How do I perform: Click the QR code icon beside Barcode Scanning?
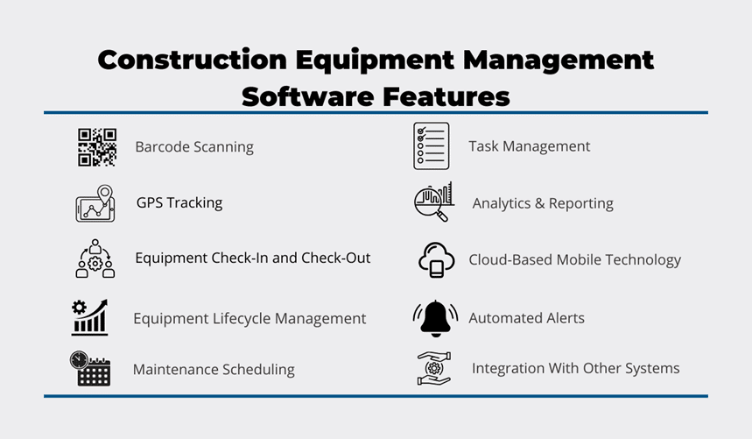[x=96, y=147]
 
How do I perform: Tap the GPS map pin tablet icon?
[x=95, y=204]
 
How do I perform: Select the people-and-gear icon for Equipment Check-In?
[x=95, y=259]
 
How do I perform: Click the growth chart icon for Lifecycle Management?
[x=90, y=317]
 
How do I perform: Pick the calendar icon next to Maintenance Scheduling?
[x=90, y=369]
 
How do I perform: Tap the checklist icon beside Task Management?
[x=431, y=146]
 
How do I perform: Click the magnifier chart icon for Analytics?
[x=433, y=202]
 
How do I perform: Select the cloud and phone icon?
[x=436, y=259]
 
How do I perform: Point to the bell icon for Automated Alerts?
[x=435, y=318]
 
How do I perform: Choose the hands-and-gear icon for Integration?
[x=433, y=368]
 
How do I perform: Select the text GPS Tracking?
[x=179, y=202]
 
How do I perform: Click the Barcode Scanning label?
[x=194, y=146]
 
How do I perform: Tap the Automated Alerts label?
[x=526, y=318]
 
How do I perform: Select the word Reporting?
[x=581, y=203]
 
